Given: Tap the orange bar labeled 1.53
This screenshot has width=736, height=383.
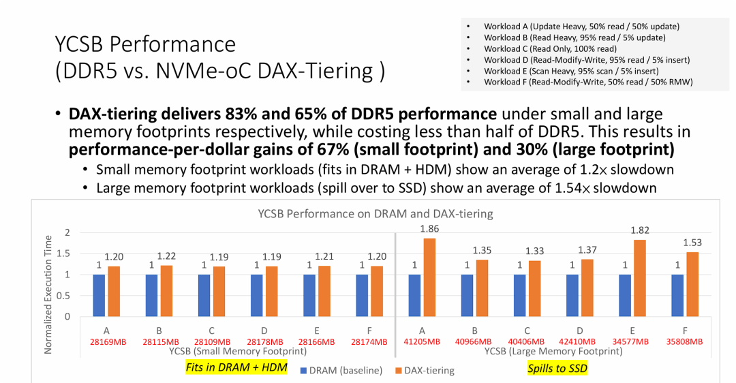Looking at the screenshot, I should pos(692,284).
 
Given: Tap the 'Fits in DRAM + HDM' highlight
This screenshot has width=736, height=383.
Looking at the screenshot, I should pos(236,368).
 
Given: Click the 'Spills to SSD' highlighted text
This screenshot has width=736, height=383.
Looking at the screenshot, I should pos(557,368).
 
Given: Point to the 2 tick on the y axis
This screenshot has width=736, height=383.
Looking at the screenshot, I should pos(67,232).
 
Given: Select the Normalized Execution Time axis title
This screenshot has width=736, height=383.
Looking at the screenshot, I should pos(48,294).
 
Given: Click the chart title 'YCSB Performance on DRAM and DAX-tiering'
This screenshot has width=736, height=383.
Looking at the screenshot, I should pos(375,213).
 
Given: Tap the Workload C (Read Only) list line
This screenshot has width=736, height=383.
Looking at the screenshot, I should pos(550,49).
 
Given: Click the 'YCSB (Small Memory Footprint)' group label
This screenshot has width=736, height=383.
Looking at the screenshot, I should pos(238,352).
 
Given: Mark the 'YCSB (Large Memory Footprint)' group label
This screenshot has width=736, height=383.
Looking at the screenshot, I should pos(553,352).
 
